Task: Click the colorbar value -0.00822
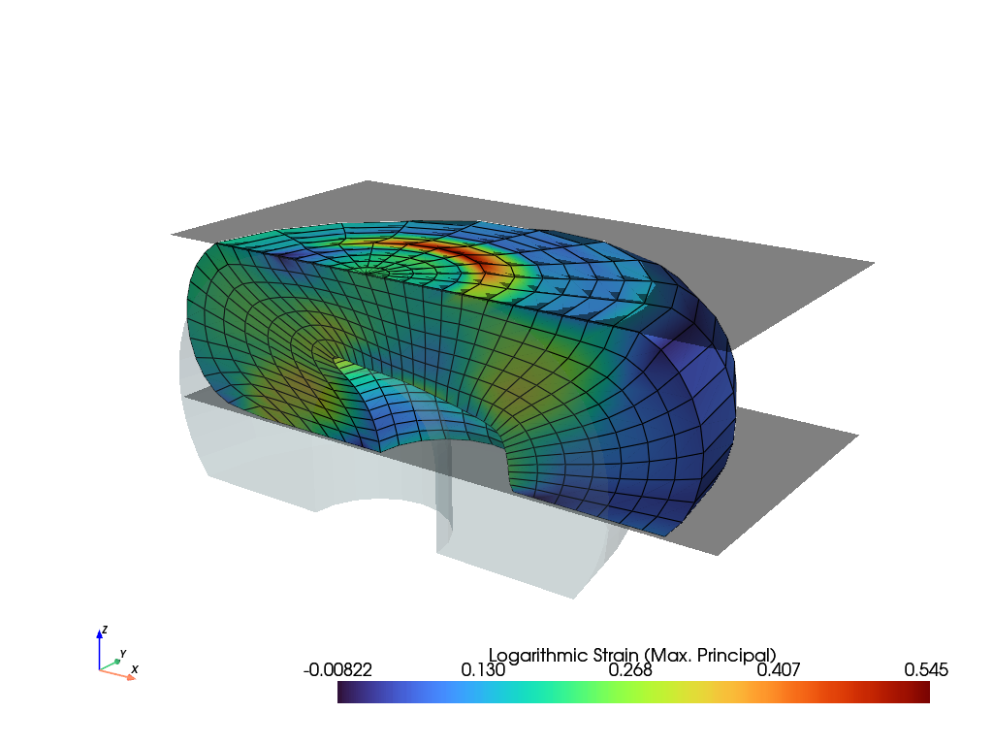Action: point(337,669)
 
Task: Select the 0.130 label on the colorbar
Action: point(483,669)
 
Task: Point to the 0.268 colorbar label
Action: point(630,669)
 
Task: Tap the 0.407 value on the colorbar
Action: point(779,669)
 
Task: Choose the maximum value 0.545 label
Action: point(926,669)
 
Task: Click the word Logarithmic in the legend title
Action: point(538,656)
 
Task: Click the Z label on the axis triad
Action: point(105,630)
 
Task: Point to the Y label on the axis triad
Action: point(123,654)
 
